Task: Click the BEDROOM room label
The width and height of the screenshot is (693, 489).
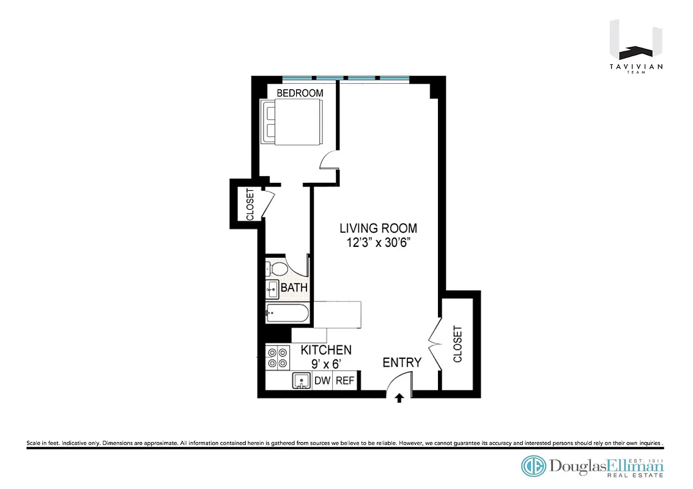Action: tap(300, 93)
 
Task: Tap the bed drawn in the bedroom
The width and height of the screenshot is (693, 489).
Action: tap(292, 123)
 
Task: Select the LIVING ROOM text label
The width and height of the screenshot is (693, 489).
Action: tap(379, 228)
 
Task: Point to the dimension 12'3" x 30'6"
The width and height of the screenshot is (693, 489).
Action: tap(379, 243)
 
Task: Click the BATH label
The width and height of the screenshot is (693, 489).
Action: tap(294, 288)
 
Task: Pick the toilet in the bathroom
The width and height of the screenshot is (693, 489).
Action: tap(277, 269)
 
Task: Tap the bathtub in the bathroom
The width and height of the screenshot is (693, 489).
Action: tap(287, 314)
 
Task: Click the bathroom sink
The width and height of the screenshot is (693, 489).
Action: tap(272, 289)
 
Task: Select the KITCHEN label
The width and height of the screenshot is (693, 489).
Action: tap(326, 350)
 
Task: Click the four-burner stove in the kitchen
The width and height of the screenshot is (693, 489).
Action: tap(277, 357)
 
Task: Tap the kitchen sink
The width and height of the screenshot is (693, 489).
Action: tap(302, 381)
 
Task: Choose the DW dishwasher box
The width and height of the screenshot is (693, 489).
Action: tap(322, 381)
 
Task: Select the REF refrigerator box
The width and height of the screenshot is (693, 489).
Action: tap(345, 381)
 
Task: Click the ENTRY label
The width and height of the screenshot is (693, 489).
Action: tap(402, 362)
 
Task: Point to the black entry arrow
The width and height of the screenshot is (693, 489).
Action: tap(399, 399)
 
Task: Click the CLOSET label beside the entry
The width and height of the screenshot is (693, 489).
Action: tap(458, 344)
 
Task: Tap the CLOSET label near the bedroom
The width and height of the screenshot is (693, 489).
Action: tap(250, 204)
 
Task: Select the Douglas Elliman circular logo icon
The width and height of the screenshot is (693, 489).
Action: tap(533, 466)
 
